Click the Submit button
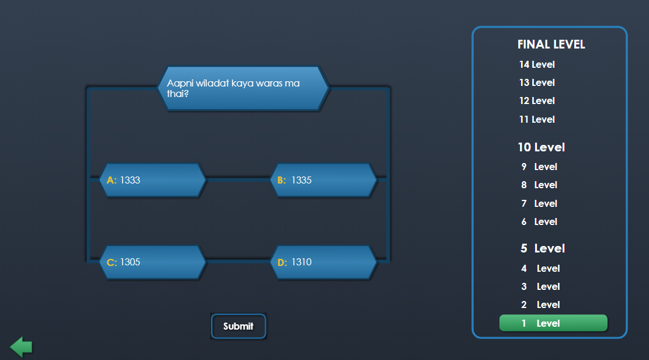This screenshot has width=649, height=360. coord(238,326)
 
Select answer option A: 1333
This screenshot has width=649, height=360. coord(152,180)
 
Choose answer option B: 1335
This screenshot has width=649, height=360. coord(324,180)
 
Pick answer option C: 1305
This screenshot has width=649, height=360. coord(152,262)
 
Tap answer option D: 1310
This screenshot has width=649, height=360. coord(324,262)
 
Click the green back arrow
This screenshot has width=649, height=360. coord(21,347)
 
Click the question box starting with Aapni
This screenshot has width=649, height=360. coord(243,88)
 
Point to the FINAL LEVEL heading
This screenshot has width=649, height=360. coord(551,44)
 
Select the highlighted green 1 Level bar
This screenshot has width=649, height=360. coord(553,323)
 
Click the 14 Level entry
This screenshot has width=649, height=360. coord(537,64)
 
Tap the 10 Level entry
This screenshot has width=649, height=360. coord(541,147)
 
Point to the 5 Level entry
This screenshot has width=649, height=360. coord(542,248)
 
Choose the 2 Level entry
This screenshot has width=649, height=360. coord(540,304)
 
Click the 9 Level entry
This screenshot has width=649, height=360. coord(539,167)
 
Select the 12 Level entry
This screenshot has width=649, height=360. coord(537,101)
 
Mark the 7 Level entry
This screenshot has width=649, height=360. coord(539,203)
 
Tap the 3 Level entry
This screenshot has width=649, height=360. coord(540,286)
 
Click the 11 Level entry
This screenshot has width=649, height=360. coord(537,119)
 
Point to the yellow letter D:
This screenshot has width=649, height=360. coord(282,262)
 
